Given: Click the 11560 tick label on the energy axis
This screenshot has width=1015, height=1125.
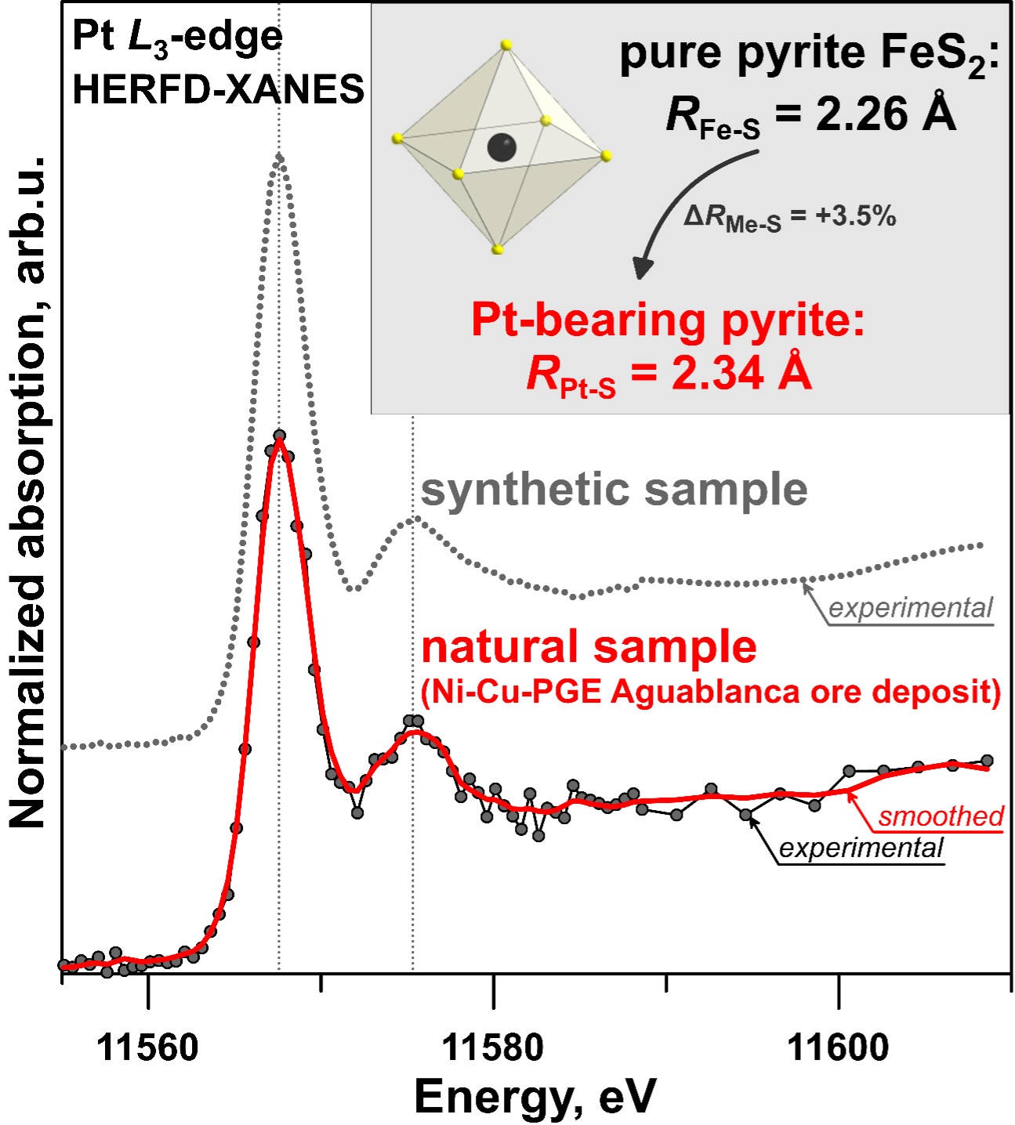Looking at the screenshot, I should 147,1047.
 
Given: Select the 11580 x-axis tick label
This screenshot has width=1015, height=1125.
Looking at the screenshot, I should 493,1047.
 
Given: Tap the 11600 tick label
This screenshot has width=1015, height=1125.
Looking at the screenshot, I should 838,1047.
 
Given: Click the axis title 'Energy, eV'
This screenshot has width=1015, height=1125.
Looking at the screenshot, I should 535,1096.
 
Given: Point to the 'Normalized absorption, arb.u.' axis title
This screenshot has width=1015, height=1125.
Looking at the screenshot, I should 29,494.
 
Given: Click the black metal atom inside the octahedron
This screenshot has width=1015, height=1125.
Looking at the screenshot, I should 502,147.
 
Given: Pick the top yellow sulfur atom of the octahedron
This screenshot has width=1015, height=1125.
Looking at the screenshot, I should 506,45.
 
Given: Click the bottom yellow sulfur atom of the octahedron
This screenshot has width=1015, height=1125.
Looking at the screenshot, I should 498,250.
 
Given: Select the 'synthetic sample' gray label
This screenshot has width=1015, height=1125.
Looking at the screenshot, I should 614,490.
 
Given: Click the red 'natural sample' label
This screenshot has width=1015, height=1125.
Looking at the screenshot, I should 589,647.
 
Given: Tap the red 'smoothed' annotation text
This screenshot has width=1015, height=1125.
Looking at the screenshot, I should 941,816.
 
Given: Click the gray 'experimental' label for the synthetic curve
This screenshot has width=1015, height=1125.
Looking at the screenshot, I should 910,608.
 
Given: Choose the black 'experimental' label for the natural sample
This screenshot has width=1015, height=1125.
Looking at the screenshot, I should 861,848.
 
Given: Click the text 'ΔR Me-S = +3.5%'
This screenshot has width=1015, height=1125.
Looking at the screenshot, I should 789,217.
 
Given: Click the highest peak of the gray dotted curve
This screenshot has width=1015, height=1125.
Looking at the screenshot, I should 280,157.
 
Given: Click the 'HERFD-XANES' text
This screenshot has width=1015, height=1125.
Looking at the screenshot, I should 218,90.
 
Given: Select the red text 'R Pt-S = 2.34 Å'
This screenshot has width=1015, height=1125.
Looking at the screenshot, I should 669,374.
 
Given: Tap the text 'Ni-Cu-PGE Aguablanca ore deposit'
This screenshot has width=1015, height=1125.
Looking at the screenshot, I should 711,693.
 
